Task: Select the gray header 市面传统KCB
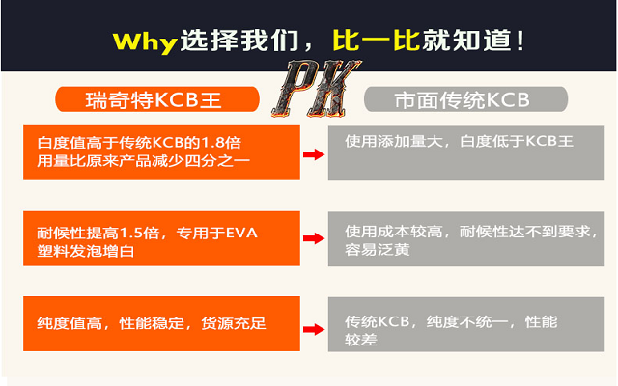(462, 99)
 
